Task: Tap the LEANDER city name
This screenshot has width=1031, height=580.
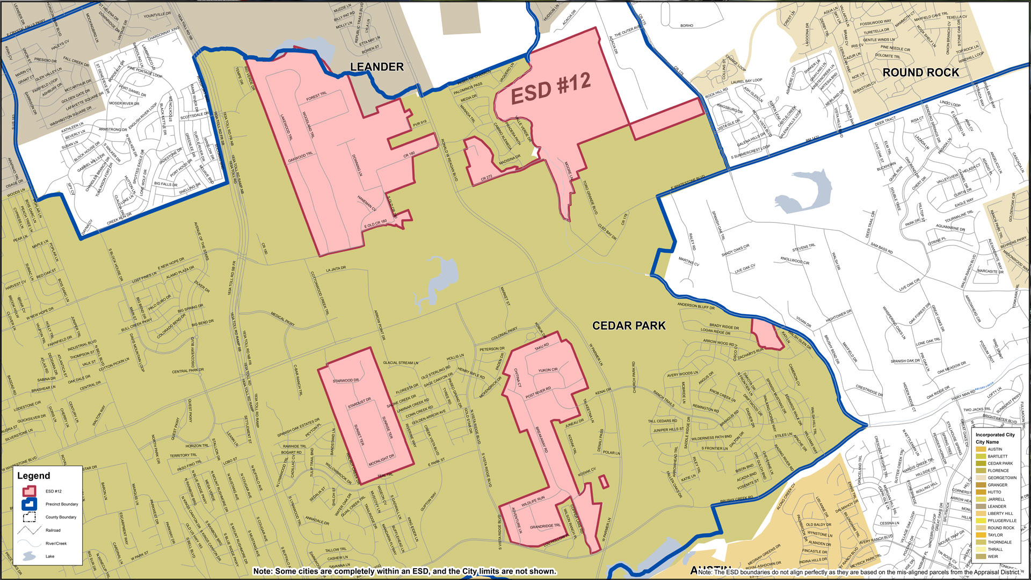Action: point(376,67)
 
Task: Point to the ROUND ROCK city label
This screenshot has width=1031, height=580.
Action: point(920,73)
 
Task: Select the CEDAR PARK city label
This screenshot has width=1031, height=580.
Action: point(629,325)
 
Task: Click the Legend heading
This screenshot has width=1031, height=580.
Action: point(33,476)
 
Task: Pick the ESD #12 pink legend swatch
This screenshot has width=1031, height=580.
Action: point(29,491)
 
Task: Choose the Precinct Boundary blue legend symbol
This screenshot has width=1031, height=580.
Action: point(29,504)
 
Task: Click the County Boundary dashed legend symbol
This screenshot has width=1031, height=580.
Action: point(29,517)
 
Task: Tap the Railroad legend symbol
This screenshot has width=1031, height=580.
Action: point(29,530)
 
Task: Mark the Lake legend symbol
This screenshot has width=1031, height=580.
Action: point(29,556)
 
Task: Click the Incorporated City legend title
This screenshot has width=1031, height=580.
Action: point(995,434)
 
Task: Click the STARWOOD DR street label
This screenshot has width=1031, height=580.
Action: point(345,380)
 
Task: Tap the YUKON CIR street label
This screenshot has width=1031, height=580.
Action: point(548,370)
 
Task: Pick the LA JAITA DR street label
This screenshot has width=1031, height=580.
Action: point(336,269)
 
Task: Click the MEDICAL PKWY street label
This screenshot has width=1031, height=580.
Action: point(282,319)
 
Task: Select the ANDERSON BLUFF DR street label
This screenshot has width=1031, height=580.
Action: point(696,306)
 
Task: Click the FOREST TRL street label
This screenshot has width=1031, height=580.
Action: point(316,97)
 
